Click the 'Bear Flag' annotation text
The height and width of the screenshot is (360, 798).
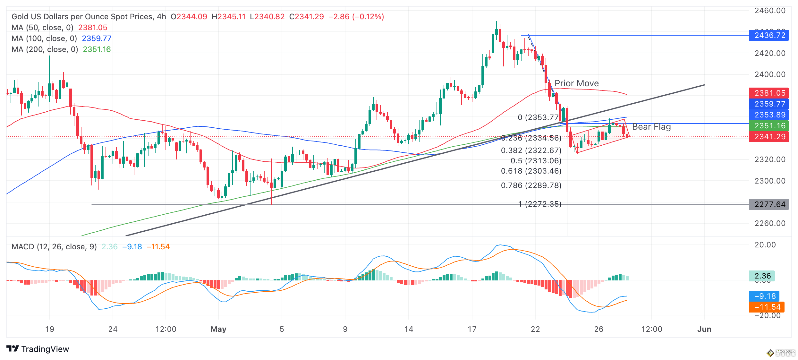651,127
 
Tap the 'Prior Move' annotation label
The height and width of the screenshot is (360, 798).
576,83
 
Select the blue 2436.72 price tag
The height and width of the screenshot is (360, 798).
769,35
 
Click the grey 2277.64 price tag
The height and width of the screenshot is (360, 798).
769,204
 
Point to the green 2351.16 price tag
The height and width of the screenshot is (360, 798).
769,126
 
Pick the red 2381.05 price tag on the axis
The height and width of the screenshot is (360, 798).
769,93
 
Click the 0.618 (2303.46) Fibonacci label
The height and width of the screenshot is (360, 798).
531,171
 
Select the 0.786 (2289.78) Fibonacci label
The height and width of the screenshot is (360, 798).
531,185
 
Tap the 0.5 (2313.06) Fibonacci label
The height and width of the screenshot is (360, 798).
536,161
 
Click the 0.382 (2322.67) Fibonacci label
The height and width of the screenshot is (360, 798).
531,150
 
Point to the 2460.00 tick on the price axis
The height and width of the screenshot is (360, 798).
770,11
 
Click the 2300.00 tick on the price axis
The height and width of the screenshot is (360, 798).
770,181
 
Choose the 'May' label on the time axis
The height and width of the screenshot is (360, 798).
218,329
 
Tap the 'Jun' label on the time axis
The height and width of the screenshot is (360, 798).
704,329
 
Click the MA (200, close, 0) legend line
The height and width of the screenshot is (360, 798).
61,49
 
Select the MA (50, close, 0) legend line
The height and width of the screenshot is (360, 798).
59,28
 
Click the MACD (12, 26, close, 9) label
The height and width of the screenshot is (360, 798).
54,247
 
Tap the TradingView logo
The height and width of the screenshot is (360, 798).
38,349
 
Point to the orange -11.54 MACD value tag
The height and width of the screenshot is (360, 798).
767,307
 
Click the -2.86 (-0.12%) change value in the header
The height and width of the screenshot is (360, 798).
356,17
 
